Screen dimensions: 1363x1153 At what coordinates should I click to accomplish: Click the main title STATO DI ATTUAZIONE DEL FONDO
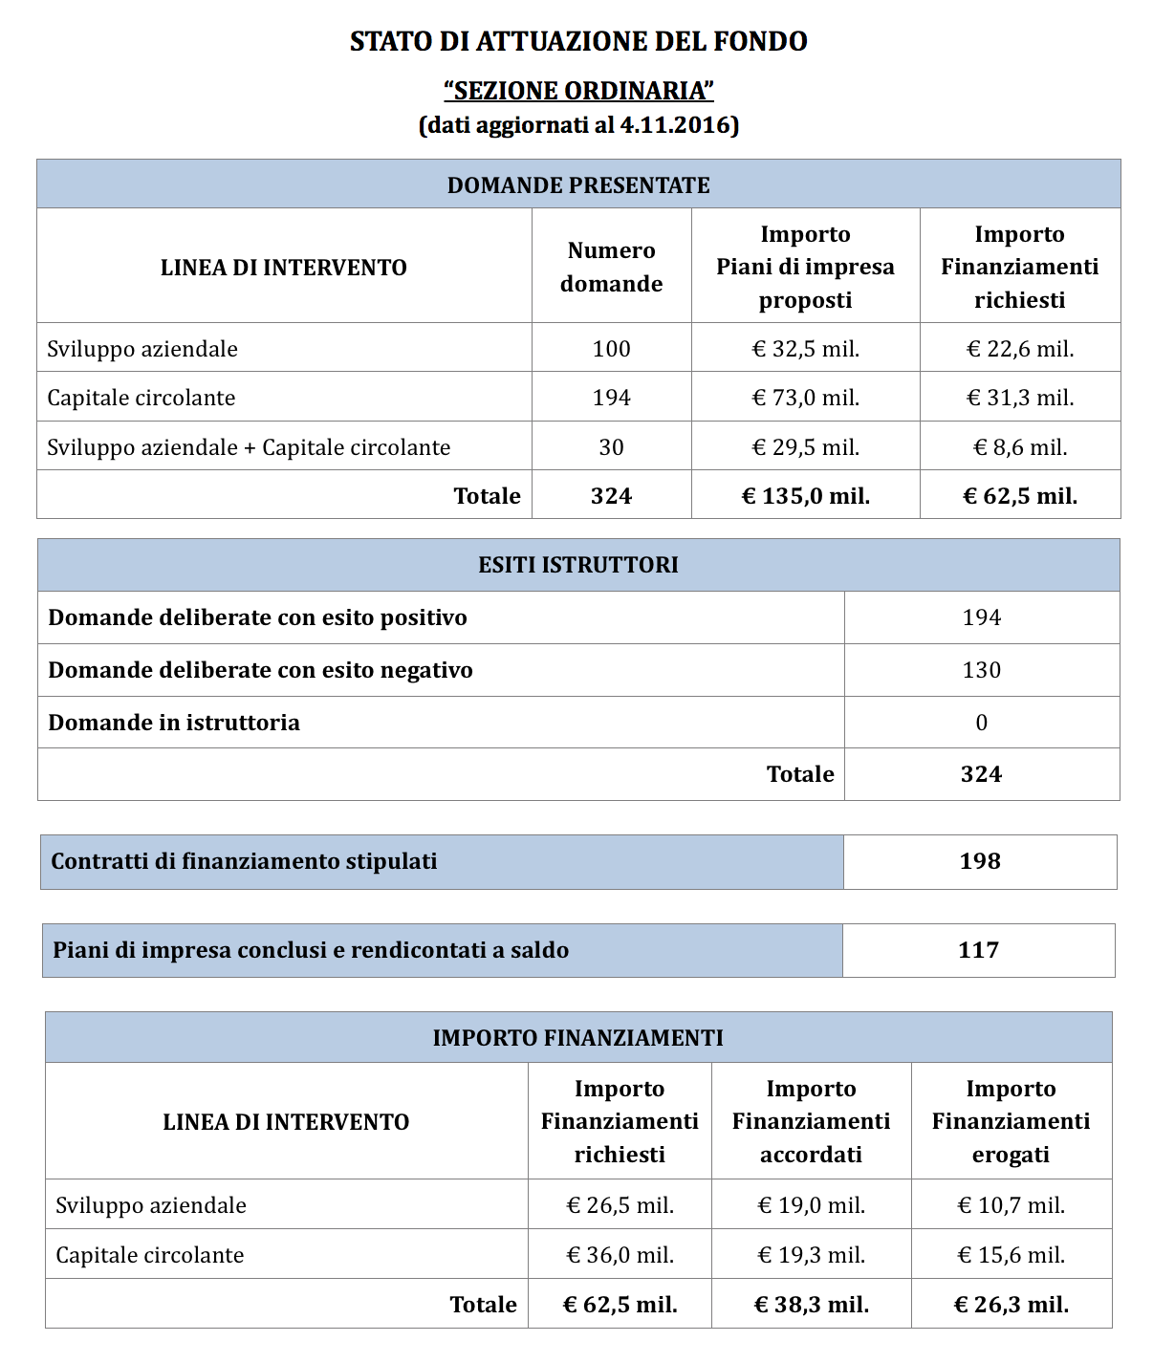(578, 41)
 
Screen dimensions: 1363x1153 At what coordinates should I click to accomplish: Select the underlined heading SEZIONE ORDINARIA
(578, 91)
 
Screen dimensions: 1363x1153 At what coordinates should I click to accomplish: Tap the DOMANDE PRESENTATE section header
(578, 184)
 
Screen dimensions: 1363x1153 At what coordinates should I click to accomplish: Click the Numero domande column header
(611, 267)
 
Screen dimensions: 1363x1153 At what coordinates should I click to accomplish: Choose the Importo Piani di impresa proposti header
(805, 267)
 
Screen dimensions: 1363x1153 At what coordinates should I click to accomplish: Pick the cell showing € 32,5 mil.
(805, 349)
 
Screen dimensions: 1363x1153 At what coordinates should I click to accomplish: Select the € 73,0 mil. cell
(805, 398)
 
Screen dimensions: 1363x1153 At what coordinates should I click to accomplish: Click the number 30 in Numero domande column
(611, 447)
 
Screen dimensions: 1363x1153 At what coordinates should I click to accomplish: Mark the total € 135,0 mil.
(805, 496)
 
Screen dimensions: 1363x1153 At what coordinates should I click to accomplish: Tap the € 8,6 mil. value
(1019, 447)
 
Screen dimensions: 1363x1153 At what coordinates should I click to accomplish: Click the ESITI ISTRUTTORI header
(578, 565)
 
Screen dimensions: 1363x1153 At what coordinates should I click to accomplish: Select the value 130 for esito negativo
(981, 670)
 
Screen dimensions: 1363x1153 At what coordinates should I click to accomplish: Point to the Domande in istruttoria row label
(174, 723)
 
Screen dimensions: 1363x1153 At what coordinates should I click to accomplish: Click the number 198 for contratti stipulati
(980, 861)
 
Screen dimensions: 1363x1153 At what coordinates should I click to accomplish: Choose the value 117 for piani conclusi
(978, 950)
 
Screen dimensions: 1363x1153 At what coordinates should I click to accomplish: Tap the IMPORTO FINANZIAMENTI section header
(577, 1038)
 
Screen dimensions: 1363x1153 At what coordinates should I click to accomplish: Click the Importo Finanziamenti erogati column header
(1011, 1121)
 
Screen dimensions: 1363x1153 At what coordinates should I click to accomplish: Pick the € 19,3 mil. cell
(811, 1255)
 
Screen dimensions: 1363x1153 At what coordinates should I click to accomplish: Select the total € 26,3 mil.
(1011, 1305)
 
